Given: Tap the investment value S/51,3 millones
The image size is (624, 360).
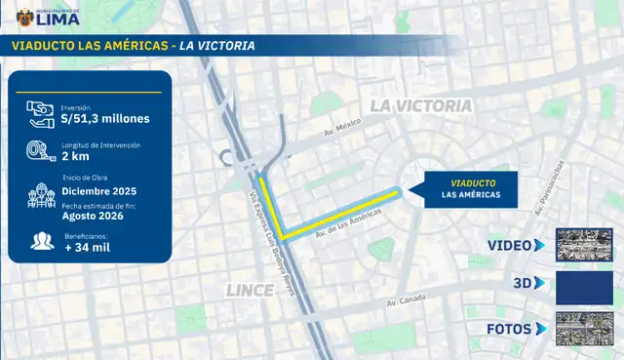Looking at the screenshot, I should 105,119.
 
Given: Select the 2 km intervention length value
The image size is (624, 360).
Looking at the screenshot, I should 77,155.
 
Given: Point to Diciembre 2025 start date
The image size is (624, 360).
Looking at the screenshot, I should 100,191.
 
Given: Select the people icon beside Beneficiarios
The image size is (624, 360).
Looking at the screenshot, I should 41,240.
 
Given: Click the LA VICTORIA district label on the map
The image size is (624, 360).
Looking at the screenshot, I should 421,105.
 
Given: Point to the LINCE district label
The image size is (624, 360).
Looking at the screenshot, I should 250,291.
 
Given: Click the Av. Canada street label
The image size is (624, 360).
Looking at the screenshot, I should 409,300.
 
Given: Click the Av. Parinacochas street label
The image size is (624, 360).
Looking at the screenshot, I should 549,188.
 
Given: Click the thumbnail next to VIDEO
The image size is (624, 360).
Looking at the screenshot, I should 583,245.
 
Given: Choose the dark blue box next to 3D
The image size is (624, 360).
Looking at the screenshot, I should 583,287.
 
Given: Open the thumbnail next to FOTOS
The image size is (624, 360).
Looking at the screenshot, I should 583,328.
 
